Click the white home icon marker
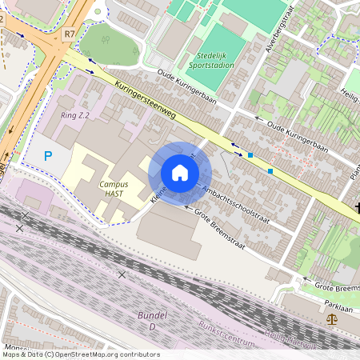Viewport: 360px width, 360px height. pos(180,173)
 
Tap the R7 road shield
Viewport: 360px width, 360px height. pos(70,34)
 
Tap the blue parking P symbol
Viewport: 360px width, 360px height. pos(48,157)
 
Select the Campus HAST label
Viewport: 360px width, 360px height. pos(114,189)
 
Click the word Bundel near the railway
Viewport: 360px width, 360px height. pos(152,315)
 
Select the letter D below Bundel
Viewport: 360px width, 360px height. pos(152,326)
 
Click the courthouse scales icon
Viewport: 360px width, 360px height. pos(332,318)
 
